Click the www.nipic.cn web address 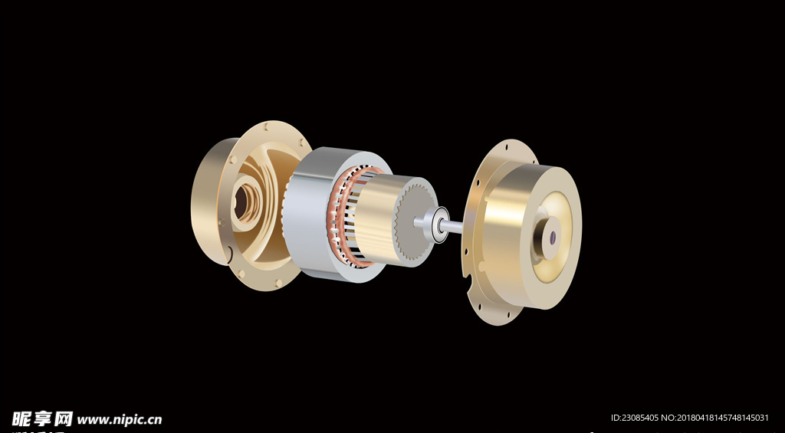(x=119, y=419)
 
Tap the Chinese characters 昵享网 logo (x=42, y=418)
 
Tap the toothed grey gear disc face (x=415, y=221)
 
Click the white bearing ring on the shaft (x=439, y=225)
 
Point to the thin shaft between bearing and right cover (x=455, y=226)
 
